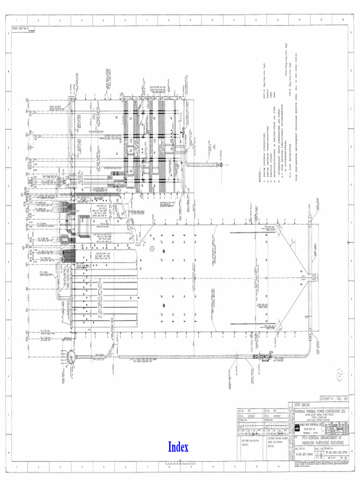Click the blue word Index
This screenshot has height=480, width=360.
(178, 447)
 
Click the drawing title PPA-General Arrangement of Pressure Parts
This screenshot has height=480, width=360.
(322, 440)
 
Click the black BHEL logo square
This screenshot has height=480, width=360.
(297, 428)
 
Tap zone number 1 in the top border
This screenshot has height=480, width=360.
(17, 20)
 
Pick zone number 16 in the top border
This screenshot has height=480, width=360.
(343, 20)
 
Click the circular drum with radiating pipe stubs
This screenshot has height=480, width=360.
(71, 358)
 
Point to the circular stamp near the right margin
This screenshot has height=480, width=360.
(340, 374)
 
